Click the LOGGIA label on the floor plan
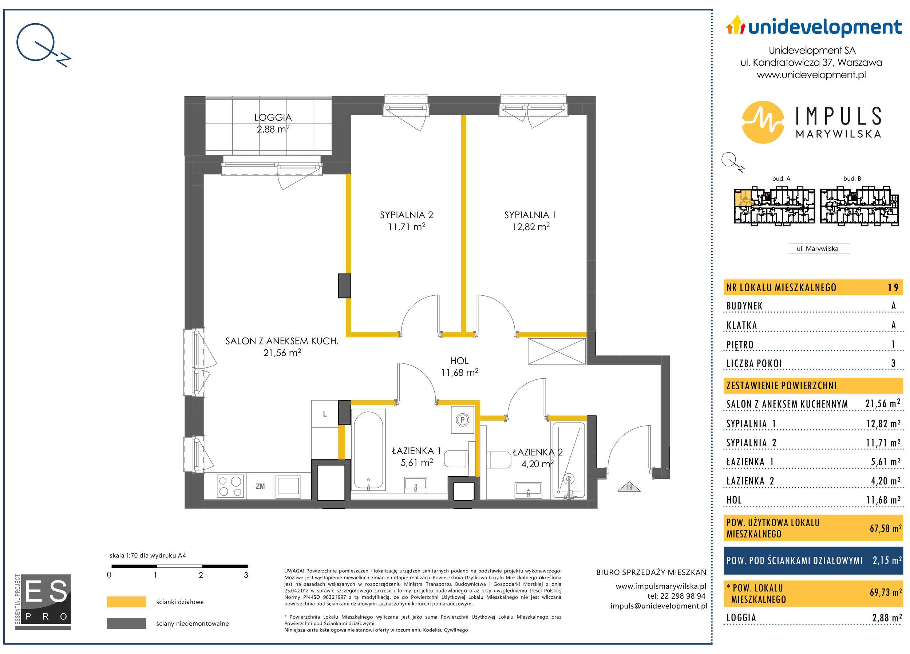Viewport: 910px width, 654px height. [x=273, y=118]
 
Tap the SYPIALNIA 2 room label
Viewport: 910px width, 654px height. [x=407, y=215]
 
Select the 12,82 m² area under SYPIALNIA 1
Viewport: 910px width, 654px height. [x=531, y=227]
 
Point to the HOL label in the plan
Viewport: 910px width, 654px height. [x=459, y=361]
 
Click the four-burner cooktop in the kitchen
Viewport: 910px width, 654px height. [x=230, y=486]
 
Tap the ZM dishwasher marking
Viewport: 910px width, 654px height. [x=260, y=486]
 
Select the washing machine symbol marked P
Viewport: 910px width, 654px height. [x=462, y=420]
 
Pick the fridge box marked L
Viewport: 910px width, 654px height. [x=325, y=414]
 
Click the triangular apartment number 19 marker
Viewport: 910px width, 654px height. [x=629, y=487]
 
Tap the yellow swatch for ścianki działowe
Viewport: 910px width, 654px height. [x=126, y=602]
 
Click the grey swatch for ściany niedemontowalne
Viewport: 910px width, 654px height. [x=126, y=623]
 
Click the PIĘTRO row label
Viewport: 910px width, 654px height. [x=740, y=345]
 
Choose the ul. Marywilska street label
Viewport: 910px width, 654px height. [x=817, y=248]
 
